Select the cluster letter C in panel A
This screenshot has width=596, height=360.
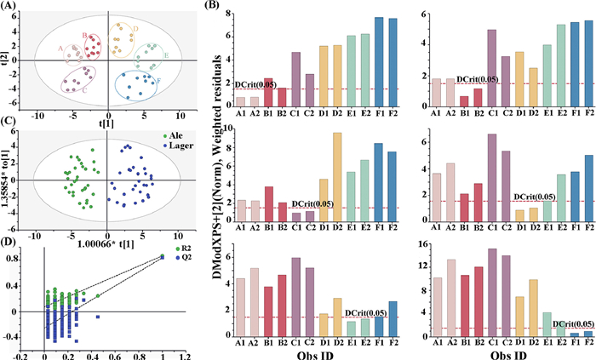click(x=83, y=89)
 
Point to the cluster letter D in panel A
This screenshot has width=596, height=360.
click(x=135, y=28)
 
